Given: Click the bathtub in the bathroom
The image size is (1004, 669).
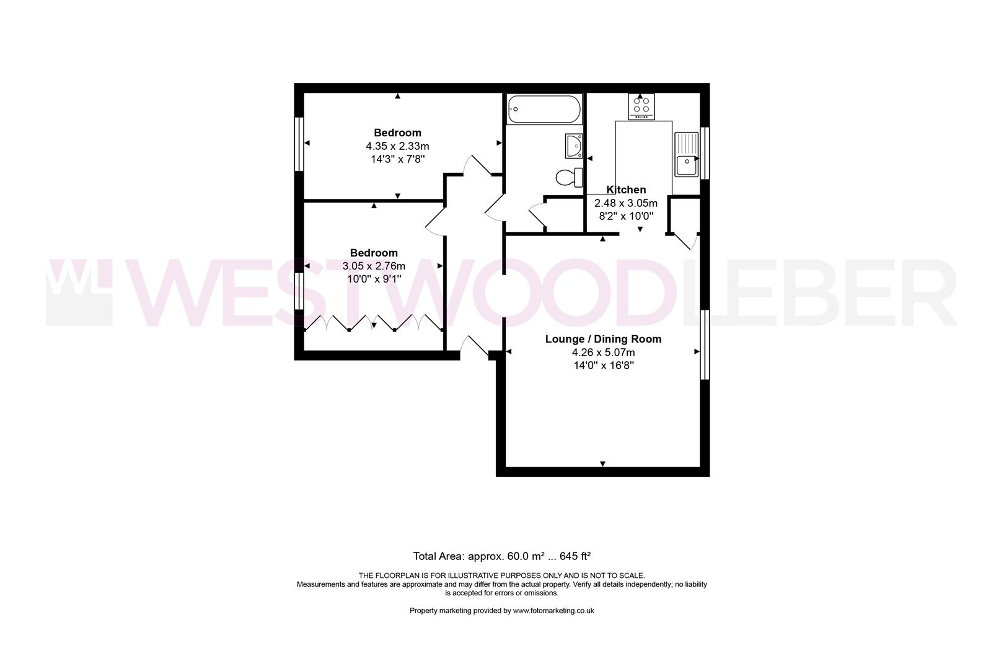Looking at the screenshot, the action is [x=545, y=109].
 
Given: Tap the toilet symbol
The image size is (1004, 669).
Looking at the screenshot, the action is [x=570, y=177].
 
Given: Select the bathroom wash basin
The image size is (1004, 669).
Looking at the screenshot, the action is [x=574, y=146].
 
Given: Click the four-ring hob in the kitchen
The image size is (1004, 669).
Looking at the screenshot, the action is [x=641, y=107].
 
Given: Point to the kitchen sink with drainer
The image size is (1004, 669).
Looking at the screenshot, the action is [x=687, y=154].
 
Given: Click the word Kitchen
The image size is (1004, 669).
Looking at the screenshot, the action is [x=626, y=190].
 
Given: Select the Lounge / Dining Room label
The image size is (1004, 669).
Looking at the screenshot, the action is [x=603, y=339].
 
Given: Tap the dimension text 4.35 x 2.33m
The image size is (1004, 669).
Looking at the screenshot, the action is [x=397, y=146].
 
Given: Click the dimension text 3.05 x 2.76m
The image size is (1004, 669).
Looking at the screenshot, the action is [x=374, y=266].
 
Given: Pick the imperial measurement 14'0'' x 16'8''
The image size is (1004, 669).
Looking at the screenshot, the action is [x=604, y=365].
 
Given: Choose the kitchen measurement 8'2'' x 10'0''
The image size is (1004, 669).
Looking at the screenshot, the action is [x=626, y=216].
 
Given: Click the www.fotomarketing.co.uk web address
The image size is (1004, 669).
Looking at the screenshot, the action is [x=553, y=610].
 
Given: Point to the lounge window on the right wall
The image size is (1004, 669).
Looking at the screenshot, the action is [x=705, y=344].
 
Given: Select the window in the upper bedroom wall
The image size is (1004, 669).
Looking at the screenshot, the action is [x=299, y=144].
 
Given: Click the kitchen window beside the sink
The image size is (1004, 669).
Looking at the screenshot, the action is [x=705, y=153].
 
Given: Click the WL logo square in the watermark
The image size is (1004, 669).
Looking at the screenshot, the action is [x=79, y=292].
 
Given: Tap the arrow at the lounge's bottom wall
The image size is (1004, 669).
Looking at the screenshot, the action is [x=603, y=464].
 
